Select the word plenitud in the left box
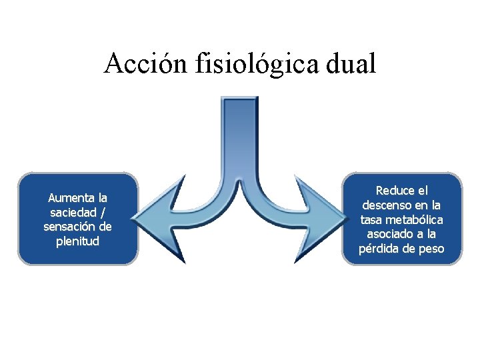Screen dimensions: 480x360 [78, 241]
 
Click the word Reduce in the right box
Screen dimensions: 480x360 [394, 191]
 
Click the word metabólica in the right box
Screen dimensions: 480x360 [415, 219]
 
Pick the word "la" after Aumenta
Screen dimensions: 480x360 [102, 198]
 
